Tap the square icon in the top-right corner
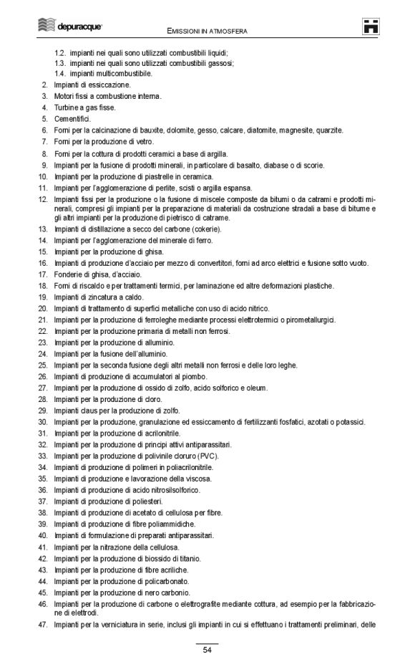click(x=372, y=27)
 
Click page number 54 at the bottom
click(x=207, y=650)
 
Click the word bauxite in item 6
click(x=156, y=130)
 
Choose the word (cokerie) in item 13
click(x=205, y=229)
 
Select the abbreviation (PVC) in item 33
click(x=207, y=456)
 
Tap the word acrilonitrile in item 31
click(x=161, y=434)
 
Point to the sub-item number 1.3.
click(x=60, y=62)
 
